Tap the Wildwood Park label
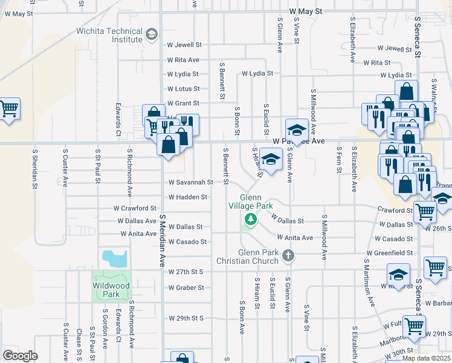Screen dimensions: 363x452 pyautogui.click(x=111, y=290)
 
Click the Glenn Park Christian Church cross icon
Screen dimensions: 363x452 pyautogui.click(x=288, y=257)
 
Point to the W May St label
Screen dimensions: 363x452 pyautogui.click(x=306, y=11)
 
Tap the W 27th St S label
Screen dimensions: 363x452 pyautogui.click(x=186, y=272)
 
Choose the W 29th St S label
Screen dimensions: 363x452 pyautogui.click(x=186, y=318)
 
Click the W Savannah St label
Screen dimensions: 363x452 pyautogui.click(x=190, y=181)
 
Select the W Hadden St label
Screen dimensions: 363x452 pyautogui.click(x=187, y=197)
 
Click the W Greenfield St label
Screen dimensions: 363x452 pyautogui.click(x=389, y=253)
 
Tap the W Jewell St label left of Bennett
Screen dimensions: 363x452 pyautogui.click(x=184, y=45)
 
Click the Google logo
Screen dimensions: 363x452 pyautogui.click(x=20, y=356)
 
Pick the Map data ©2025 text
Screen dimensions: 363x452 pyautogui.click(x=426, y=358)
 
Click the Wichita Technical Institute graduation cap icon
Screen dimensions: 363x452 pyautogui.click(x=151, y=33)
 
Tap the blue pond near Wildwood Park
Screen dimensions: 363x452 pyautogui.click(x=114, y=258)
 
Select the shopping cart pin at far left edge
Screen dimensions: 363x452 pyautogui.click(x=8, y=110)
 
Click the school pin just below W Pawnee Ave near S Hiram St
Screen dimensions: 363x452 pyautogui.click(x=271, y=159)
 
